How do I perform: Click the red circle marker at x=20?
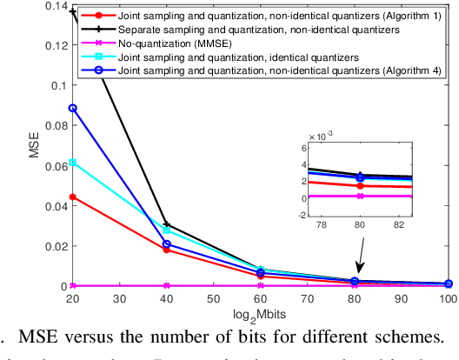(x=73, y=197)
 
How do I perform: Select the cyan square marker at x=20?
(x=73, y=163)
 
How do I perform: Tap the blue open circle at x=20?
(x=73, y=109)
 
